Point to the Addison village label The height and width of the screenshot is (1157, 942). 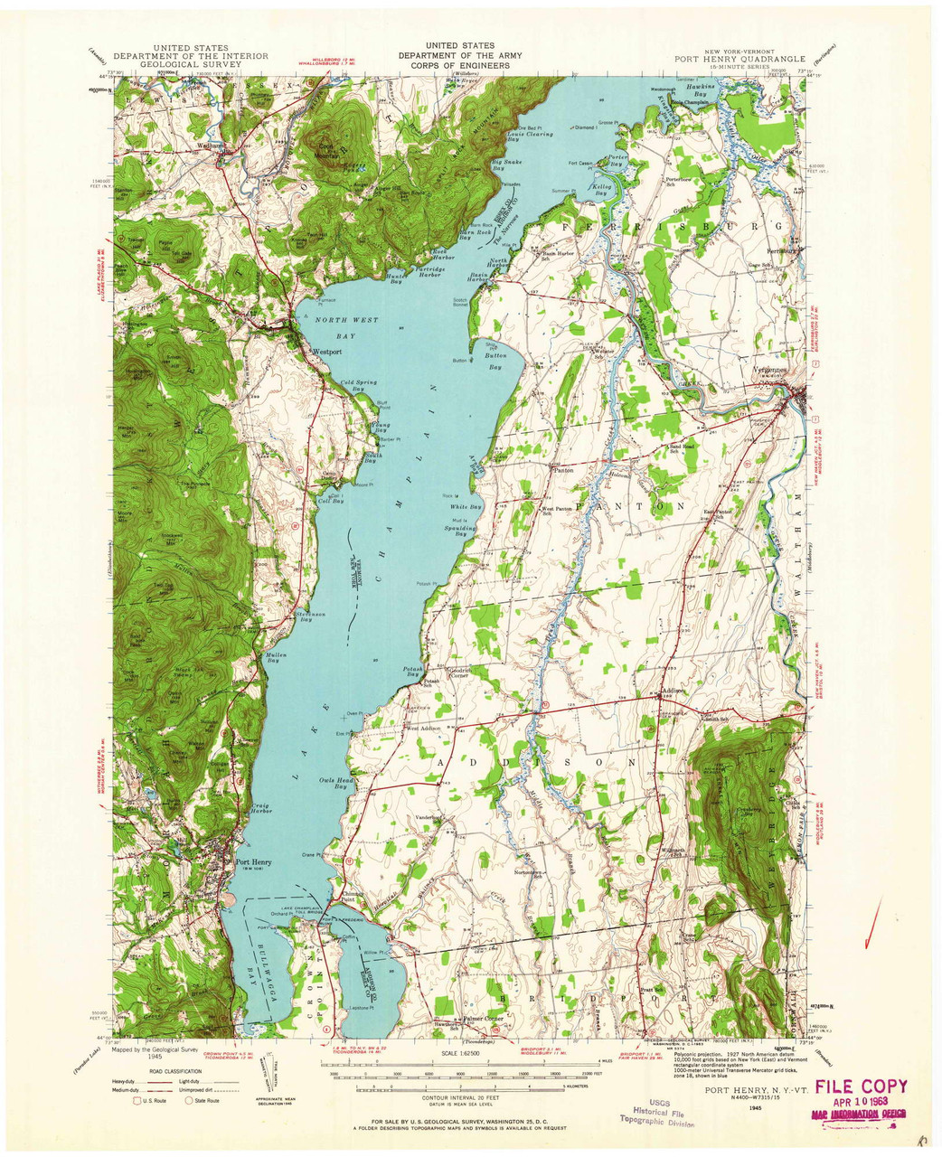(674, 691)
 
